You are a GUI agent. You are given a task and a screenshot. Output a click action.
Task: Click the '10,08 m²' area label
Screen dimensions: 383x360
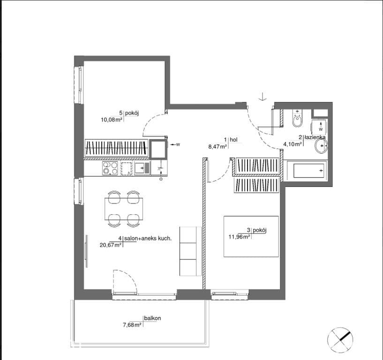point(112,120)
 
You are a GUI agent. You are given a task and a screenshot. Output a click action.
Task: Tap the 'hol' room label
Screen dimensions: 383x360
point(233,140)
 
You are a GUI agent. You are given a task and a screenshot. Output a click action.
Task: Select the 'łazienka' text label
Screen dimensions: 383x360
point(315,137)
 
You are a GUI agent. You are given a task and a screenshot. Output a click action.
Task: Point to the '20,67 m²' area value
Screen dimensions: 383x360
point(111,245)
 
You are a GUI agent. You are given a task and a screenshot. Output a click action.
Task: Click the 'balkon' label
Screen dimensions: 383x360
point(152,318)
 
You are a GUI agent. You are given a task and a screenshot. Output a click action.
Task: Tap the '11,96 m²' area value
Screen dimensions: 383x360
point(240,236)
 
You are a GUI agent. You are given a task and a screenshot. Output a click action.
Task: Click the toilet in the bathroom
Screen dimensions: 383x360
point(297,118)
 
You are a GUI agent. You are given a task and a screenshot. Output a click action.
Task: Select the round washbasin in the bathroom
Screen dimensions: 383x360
point(321,146)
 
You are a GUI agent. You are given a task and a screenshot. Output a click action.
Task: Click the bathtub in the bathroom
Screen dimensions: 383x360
point(307,171)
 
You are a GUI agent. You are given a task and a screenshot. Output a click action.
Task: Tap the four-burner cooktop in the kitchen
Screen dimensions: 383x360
point(110,168)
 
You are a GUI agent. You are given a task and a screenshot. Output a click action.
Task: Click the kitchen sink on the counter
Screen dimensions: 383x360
point(142,168)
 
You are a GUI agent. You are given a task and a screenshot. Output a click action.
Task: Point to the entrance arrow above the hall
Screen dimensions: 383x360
point(263,97)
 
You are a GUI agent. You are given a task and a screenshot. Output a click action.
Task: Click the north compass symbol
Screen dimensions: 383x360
point(340,340)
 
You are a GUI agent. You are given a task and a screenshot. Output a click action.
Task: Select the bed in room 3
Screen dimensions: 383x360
point(251,236)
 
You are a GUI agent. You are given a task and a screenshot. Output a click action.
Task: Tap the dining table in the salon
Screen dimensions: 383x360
point(124,209)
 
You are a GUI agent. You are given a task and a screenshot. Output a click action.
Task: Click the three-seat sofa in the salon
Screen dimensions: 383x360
point(190,251)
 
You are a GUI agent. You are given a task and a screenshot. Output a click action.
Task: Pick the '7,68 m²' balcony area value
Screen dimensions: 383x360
point(132,325)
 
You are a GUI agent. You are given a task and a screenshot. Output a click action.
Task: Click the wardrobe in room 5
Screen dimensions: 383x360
point(117,148)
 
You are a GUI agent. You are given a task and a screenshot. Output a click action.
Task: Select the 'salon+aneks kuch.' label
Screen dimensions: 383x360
point(148,239)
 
